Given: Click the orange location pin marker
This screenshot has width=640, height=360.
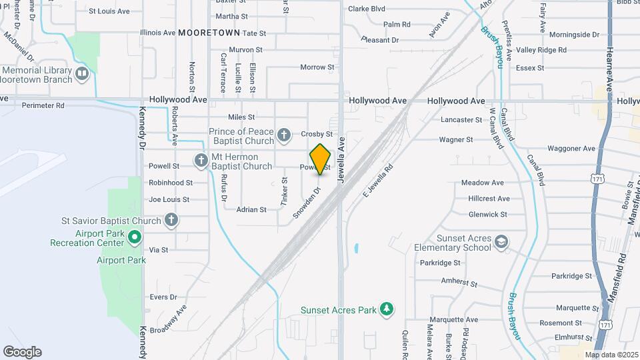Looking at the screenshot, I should (x=321, y=159).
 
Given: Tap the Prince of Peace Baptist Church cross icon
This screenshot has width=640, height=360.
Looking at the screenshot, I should (x=283, y=136).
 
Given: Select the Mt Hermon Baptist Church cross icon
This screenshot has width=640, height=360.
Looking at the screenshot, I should (x=201, y=161).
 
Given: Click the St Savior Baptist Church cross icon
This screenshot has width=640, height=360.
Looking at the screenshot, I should (x=171, y=220).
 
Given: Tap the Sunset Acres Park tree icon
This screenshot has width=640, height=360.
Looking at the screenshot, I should (x=386, y=309).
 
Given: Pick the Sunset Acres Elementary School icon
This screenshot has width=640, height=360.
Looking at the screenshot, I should (x=502, y=243).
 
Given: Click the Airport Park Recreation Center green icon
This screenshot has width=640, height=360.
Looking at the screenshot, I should (x=135, y=237).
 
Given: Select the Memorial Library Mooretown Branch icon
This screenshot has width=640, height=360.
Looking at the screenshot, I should (x=82, y=73).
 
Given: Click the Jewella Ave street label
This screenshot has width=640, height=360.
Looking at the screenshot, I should (x=342, y=160).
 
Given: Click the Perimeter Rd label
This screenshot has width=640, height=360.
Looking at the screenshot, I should (x=43, y=105).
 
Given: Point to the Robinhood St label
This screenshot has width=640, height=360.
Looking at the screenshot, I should (x=170, y=182).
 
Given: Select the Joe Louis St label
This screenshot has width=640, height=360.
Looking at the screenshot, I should (x=169, y=199).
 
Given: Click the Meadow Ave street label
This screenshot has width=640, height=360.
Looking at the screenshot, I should (x=482, y=182).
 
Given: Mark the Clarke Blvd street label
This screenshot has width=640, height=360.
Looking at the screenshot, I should (x=367, y=9).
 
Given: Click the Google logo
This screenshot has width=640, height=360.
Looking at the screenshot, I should (x=22, y=352).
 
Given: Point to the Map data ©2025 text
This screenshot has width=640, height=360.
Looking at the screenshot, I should (x=611, y=355).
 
